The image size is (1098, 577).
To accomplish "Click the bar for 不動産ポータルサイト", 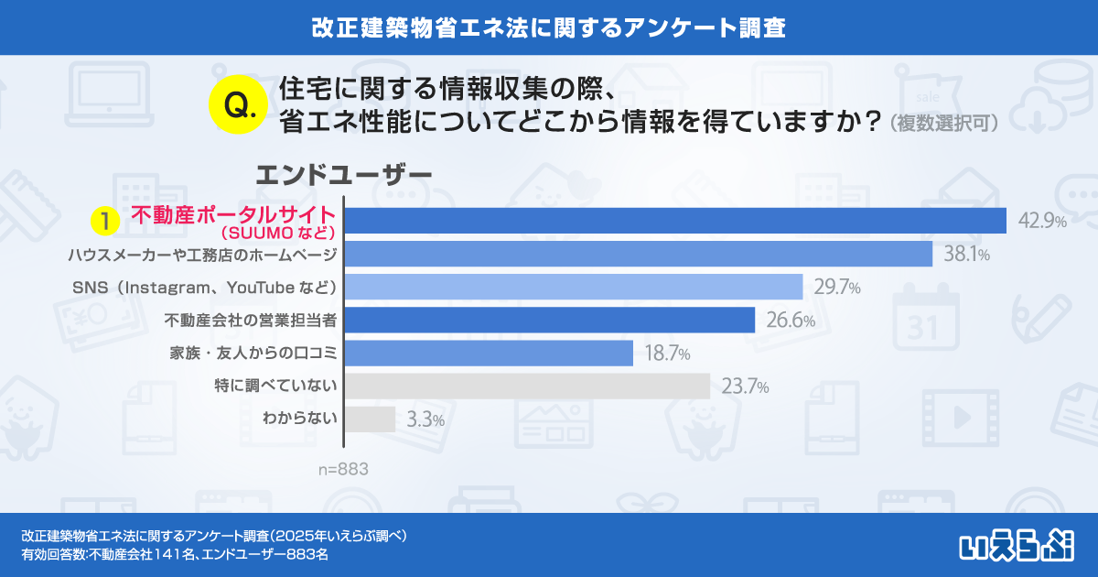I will pyautogui.click(x=675, y=221).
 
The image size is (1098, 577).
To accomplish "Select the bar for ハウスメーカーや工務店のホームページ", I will pyautogui.click(x=638, y=254).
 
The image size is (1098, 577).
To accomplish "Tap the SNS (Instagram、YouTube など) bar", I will pyautogui.click(x=574, y=287).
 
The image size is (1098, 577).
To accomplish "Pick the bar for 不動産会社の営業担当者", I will pyautogui.click(x=550, y=320).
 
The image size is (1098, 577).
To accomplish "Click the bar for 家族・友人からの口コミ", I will pyautogui.click(x=489, y=353).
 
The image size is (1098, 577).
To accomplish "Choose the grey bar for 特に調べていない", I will pyautogui.click(x=527, y=386).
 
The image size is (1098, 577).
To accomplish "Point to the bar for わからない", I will pyautogui.click(x=370, y=419).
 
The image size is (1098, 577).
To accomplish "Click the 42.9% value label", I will pyautogui.click(x=1041, y=222).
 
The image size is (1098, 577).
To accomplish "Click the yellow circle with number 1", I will pyautogui.click(x=107, y=221).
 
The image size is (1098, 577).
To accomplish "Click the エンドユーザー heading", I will pyautogui.click(x=343, y=173).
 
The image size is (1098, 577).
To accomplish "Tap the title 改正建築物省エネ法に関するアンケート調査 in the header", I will pyautogui.click(x=549, y=27).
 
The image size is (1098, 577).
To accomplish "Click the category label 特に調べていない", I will pyautogui.click(x=276, y=386).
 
